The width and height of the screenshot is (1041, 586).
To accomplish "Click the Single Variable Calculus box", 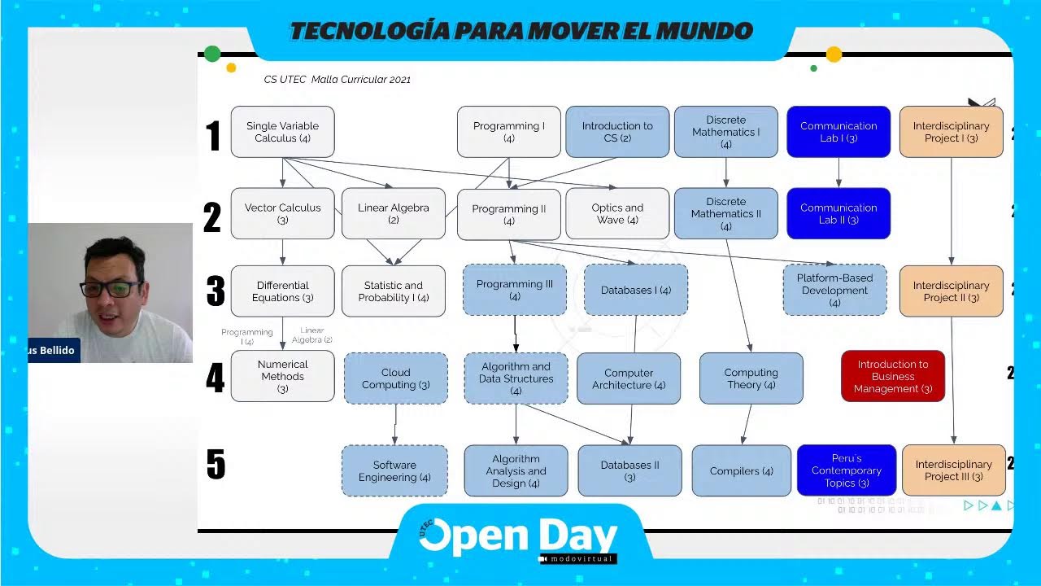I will (x=282, y=132).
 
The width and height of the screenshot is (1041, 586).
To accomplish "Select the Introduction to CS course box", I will (x=617, y=132).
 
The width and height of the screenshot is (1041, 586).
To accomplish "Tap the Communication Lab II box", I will (x=838, y=213).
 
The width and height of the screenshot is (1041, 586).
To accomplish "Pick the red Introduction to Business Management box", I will (x=892, y=376).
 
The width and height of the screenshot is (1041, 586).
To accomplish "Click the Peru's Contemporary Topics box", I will (x=846, y=470).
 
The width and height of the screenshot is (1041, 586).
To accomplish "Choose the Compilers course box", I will (x=741, y=470).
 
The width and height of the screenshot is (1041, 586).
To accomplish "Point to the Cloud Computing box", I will (x=395, y=378).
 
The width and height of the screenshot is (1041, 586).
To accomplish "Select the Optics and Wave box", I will (x=617, y=213).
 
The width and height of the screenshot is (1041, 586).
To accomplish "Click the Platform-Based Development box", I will (x=834, y=290).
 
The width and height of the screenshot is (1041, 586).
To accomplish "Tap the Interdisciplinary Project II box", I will (x=951, y=291).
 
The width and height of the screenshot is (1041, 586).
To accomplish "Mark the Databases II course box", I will (x=629, y=470).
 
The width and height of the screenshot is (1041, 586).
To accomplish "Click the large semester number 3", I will (x=215, y=291).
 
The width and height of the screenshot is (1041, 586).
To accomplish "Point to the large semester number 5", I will (x=215, y=465).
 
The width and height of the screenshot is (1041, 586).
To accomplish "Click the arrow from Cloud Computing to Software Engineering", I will (x=395, y=424).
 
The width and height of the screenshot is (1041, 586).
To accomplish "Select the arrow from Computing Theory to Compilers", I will (x=747, y=424).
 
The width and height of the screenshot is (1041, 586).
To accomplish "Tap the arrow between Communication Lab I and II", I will (x=838, y=173).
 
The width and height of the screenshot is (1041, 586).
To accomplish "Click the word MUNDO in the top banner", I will (x=703, y=32).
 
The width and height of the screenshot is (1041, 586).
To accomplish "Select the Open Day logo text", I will (x=518, y=537).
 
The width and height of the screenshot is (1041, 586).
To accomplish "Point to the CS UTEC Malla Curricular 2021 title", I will (x=337, y=80).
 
